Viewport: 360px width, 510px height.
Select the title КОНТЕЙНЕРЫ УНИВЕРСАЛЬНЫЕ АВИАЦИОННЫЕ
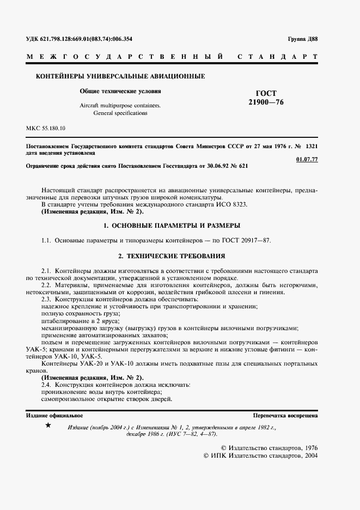pyautogui.click(x=120, y=77)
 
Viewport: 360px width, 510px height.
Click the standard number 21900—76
pyautogui.click(x=266, y=102)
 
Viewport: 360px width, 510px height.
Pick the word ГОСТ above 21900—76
pyautogui.click(x=266, y=93)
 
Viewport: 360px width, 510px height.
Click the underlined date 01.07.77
pyautogui.click(x=306, y=159)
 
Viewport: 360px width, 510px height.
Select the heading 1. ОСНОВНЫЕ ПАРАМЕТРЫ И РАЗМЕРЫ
pyautogui.click(x=172, y=225)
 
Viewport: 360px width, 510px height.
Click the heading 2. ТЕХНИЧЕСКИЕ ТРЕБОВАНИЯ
pyautogui.click(x=172, y=255)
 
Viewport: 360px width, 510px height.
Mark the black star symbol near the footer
pyautogui.click(x=48, y=425)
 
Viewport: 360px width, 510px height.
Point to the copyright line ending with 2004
pyautogui.click(x=260, y=455)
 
